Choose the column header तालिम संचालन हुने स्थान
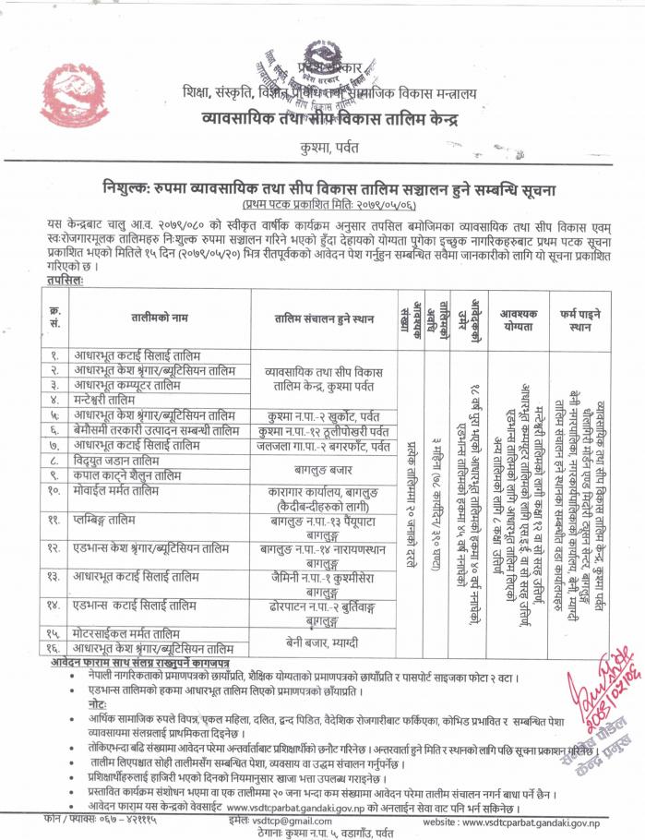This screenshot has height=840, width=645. pyautogui.click(x=324, y=318)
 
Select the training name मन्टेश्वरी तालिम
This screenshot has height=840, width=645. pyautogui.click(x=112, y=400)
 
